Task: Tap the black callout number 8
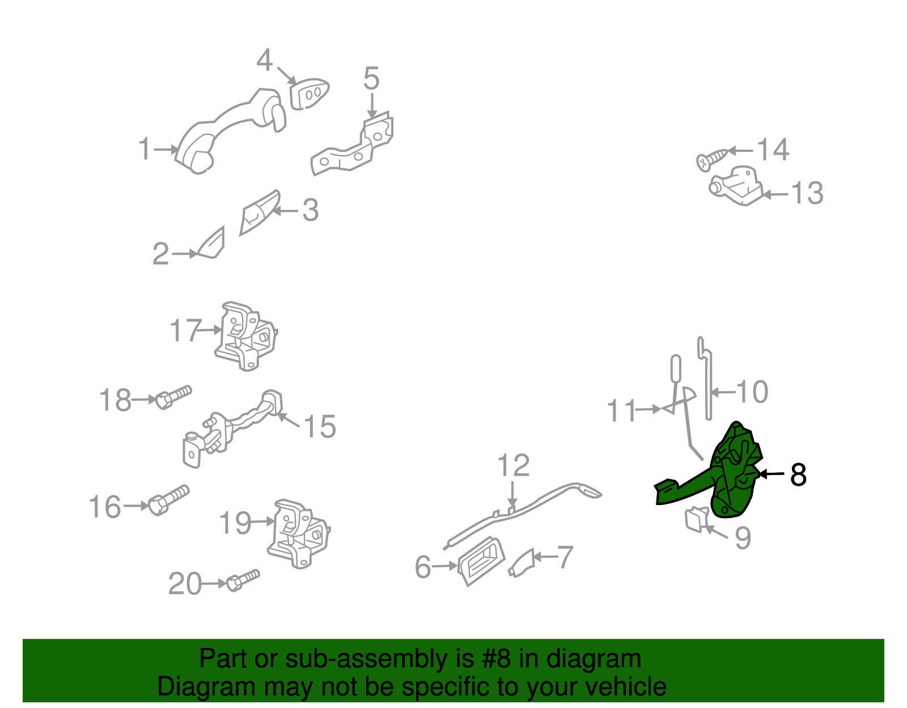coord(798,475)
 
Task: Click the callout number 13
coord(807,193)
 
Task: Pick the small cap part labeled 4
coord(308,94)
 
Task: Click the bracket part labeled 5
coord(354,147)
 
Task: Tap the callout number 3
coord(310,210)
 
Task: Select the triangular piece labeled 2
coord(212,245)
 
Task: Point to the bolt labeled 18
coord(173,396)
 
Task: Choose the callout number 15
coord(320,426)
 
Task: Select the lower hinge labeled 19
coord(298,533)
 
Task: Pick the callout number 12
coord(513,465)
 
